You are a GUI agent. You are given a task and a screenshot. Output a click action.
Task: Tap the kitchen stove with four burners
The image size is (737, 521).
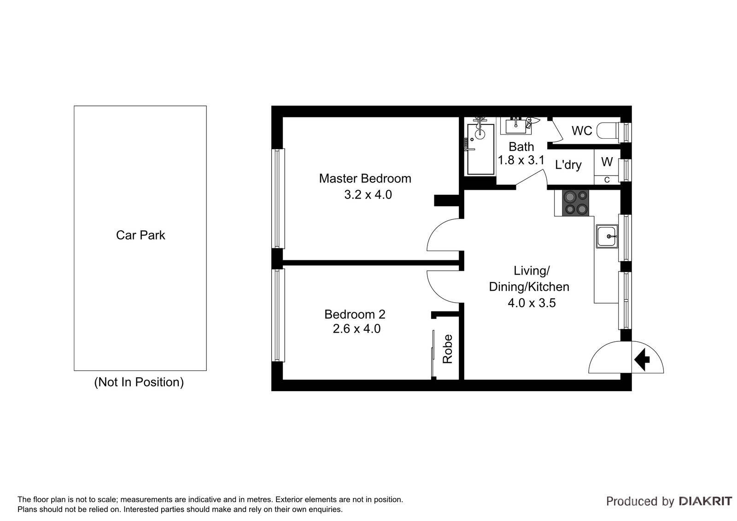coord(572,203)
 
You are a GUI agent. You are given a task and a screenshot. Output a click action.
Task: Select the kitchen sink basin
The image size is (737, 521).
coord(607,236)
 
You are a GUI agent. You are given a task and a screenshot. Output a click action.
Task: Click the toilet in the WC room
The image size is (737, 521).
coord(609,131)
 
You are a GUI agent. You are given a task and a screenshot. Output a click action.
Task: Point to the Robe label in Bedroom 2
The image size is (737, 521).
coord(448,349)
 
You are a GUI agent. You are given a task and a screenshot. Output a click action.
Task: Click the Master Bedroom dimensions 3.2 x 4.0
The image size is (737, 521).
coord(368,195)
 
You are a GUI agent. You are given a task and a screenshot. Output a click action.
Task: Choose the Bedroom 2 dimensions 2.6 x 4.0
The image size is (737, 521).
coord(356,329)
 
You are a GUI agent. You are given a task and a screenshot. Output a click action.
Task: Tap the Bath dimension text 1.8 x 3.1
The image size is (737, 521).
coord(521,160)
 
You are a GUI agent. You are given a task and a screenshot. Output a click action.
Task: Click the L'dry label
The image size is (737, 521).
coord(568,165)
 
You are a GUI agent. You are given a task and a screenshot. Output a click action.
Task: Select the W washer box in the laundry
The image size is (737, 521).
coord(607,162)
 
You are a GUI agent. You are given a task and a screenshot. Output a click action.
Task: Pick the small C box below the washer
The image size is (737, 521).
coord(607,180)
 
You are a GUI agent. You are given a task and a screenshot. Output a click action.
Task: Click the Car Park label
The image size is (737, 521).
coord(140,235)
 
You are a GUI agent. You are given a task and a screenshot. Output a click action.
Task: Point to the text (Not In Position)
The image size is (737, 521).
coord(139,382)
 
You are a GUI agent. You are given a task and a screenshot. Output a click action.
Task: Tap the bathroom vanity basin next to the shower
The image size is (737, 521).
coord(516,125)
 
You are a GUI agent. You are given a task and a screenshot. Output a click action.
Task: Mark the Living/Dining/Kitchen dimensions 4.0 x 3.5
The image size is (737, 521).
coord(532,303)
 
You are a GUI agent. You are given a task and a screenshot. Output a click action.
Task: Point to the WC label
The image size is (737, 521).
coord(581,131)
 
